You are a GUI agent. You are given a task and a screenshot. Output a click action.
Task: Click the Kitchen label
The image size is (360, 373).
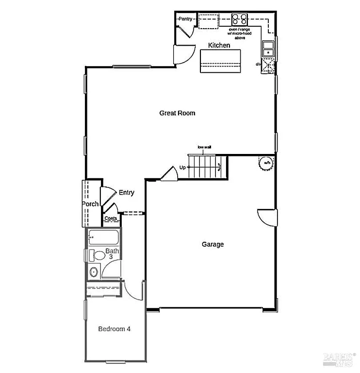pyautogui.click(x=219, y=45)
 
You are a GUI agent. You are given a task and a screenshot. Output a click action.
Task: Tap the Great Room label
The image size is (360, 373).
pyautogui.click(x=177, y=113)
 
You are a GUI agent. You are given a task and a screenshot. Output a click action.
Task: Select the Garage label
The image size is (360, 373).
pyautogui.click(x=213, y=244)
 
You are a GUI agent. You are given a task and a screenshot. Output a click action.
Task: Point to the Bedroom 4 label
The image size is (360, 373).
pyautogui.click(x=114, y=329)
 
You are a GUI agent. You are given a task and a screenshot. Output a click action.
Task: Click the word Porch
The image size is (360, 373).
pyautogui.click(x=90, y=204)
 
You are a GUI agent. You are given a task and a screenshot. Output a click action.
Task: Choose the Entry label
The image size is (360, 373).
pyautogui.click(x=126, y=193)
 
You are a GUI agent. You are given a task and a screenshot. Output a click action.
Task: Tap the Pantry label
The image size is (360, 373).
pyautogui.click(x=185, y=19)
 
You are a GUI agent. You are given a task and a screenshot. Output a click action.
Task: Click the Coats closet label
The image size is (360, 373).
pyautogui.click(x=111, y=219)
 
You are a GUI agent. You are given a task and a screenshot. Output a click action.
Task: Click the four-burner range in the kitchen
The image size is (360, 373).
pyautogui.click(x=239, y=19)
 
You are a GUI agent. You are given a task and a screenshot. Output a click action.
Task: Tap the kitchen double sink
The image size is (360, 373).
pyautogui.click(x=268, y=48)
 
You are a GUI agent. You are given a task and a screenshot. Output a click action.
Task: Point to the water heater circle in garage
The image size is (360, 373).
pyautogui.click(x=266, y=163)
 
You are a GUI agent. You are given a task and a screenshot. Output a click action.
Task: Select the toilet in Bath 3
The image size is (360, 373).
pyautogui.click(x=98, y=255)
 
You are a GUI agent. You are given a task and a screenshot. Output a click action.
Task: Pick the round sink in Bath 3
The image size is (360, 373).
pyautogui.click(x=94, y=272)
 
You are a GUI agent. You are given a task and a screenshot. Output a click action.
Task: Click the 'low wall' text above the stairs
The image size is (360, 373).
pyautogui.click(x=204, y=147)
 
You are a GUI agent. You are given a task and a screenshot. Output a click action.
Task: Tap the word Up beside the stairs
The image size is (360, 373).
pyautogui.click(x=183, y=168)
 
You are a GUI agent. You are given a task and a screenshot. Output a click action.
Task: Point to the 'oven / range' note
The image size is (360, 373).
pyautogui.click(x=239, y=30)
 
